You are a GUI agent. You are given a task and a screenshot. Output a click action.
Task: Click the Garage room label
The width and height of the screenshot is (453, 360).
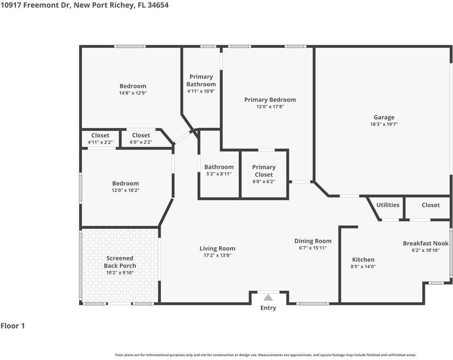tap(384, 117)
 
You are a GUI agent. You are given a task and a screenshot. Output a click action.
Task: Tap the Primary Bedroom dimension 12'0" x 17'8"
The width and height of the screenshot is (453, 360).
tap(270, 107)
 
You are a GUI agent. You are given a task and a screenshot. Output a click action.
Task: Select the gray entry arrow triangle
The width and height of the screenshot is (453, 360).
tap(268, 297)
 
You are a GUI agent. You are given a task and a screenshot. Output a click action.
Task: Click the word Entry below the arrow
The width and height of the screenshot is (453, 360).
tap(268, 308)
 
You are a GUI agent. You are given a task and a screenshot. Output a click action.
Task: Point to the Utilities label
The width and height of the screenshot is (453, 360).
tap(388, 204)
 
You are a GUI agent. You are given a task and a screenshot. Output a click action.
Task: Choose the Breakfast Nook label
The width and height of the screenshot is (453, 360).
tap(426, 243)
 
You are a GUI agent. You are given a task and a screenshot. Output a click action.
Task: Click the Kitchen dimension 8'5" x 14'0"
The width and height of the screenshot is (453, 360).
tap(363, 267)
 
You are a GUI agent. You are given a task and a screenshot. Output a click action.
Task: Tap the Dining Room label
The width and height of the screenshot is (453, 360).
tap(313, 241)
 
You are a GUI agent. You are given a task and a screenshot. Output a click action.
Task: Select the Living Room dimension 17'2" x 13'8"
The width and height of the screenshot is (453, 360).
tap(217, 256)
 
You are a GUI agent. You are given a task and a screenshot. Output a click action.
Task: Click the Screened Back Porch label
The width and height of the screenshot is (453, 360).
tap(120, 262)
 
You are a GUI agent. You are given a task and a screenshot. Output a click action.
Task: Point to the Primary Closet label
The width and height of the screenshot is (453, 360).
tap(264, 171)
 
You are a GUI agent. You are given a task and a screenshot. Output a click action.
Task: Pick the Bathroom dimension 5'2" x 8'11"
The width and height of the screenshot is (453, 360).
tap(219, 174)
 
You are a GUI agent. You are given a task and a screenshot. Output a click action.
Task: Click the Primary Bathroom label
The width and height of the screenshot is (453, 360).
tap(201, 80)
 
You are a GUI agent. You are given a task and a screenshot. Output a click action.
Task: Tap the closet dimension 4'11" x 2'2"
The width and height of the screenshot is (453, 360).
tap(100, 142)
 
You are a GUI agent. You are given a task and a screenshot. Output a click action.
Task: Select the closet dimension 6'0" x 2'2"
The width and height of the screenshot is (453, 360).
tap(141, 142)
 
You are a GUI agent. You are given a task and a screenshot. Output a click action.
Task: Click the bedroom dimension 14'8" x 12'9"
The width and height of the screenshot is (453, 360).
tap(133, 93)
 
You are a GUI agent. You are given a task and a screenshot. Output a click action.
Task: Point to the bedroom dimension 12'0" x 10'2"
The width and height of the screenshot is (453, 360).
tap(126, 190)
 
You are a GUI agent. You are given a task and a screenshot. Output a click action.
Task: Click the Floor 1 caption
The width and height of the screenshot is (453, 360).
tap(13, 326)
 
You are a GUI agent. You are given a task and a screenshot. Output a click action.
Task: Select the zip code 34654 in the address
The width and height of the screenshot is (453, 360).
tap(158, 5)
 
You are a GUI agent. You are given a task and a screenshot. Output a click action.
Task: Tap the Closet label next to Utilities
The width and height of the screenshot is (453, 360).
tap(430, 205)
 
